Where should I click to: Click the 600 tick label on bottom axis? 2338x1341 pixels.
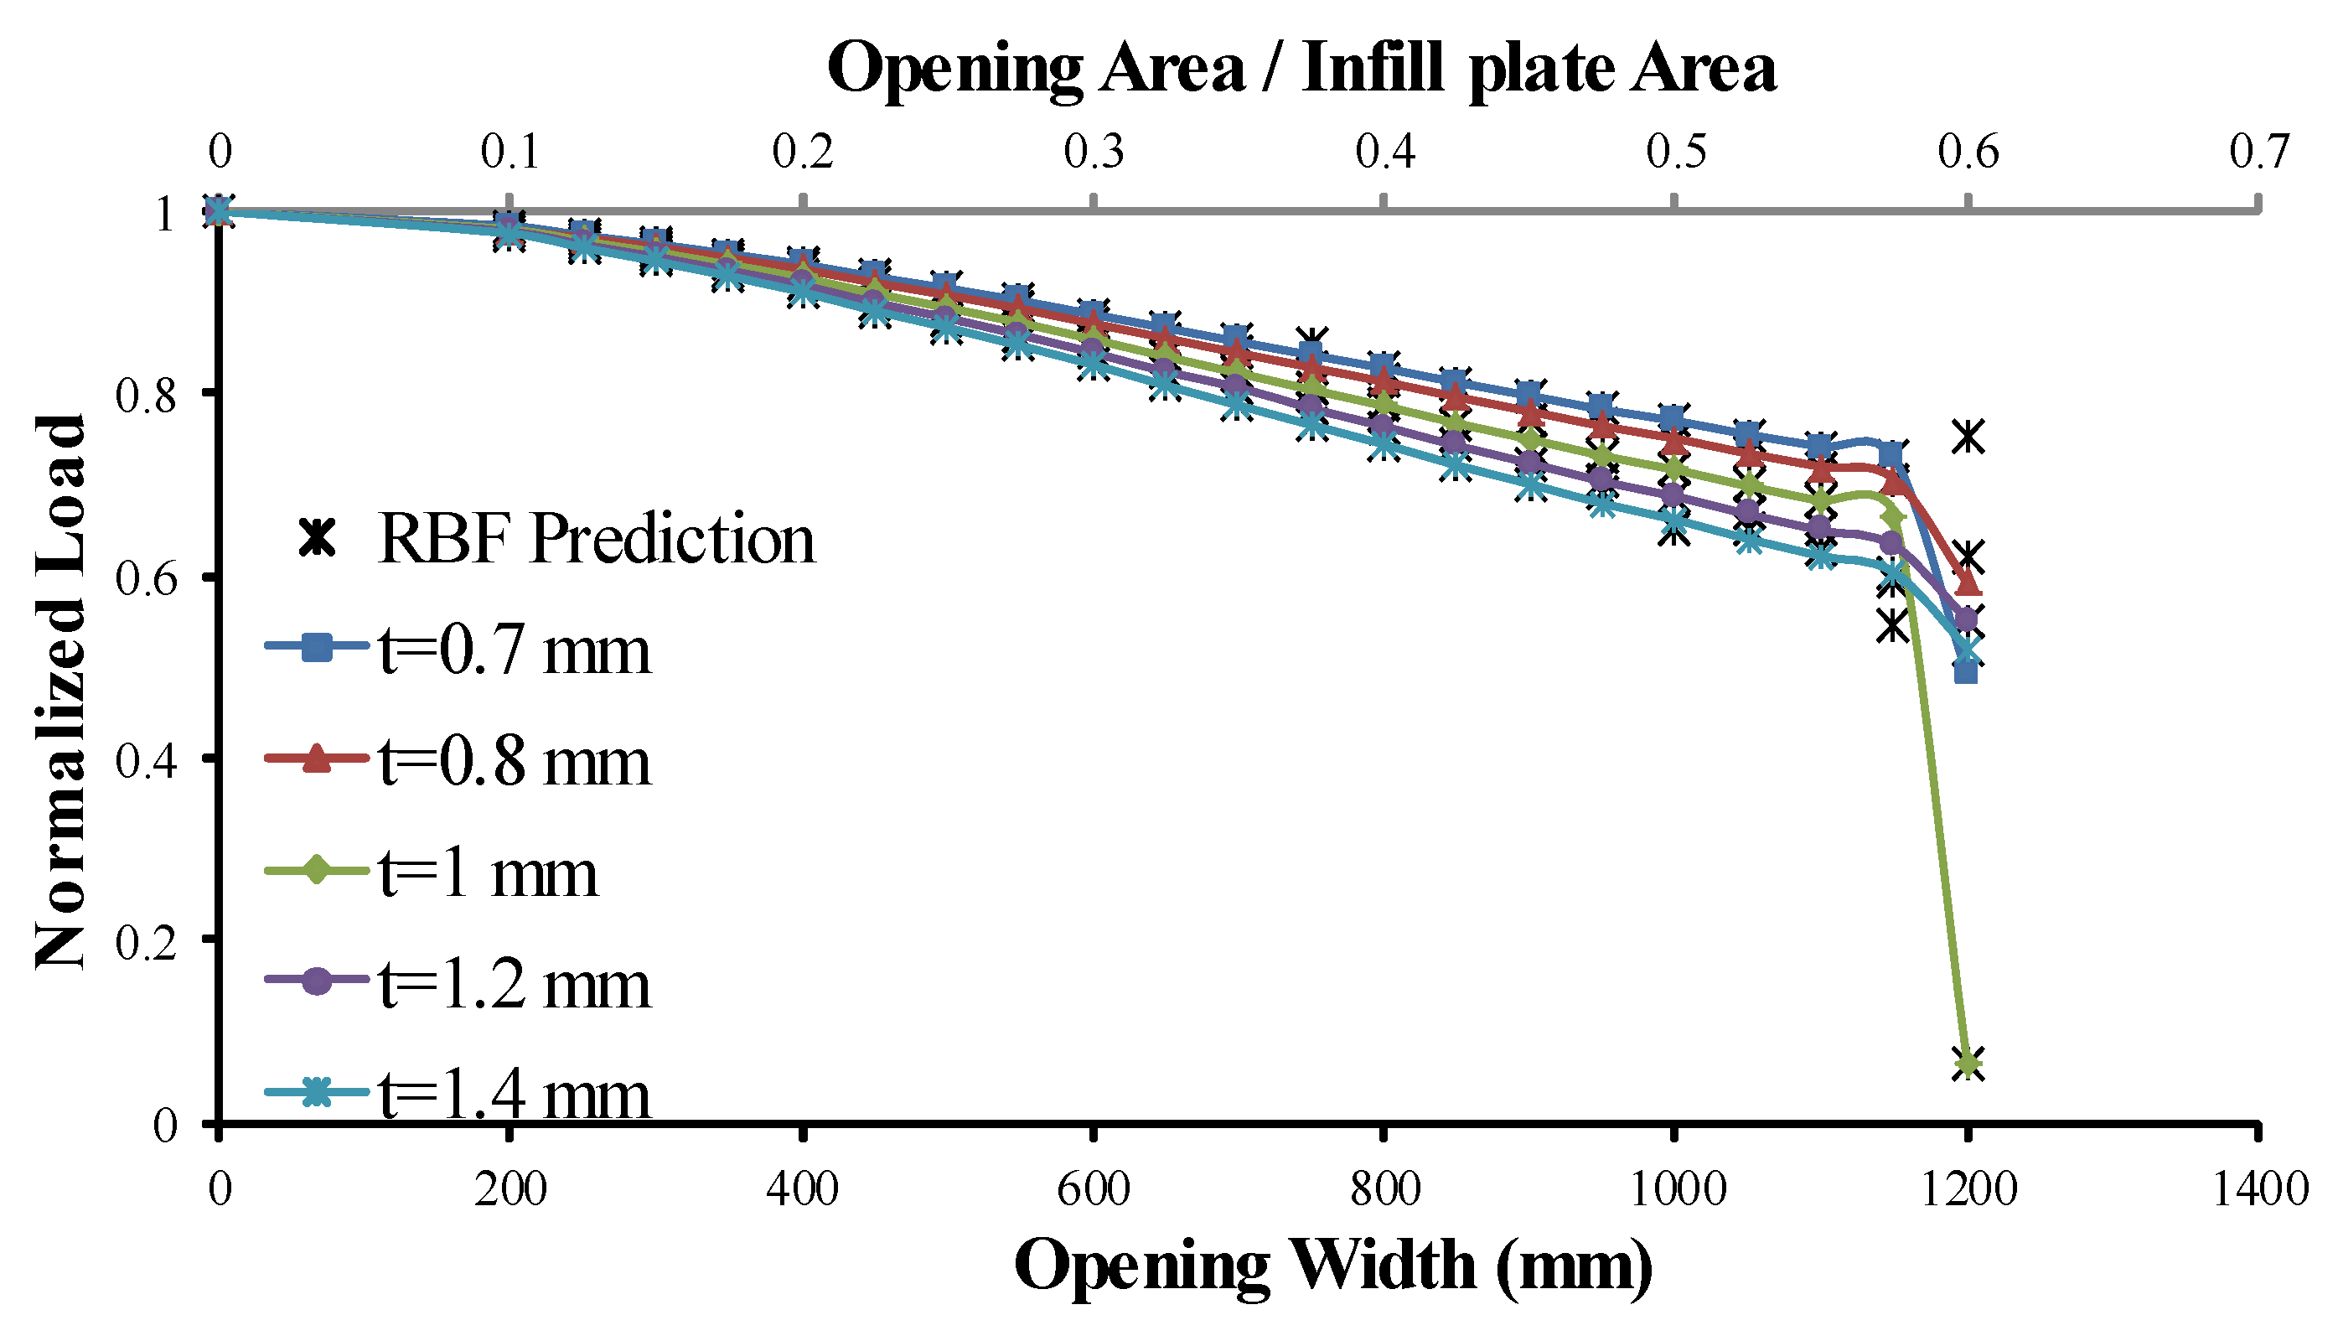(1093, 1189)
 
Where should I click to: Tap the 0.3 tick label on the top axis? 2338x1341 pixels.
(1093, 151)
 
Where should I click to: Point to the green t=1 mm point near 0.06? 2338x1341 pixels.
(1968, 1064)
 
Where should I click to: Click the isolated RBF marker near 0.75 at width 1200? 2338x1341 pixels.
(1968, 437)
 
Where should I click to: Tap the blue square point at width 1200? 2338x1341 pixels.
(1966, 673)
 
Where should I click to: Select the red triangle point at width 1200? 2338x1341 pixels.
(1968, 584)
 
